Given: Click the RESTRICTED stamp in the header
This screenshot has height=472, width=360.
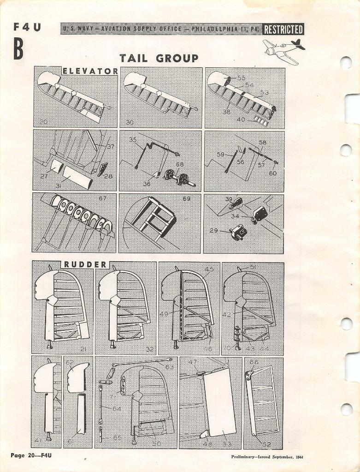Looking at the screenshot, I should (x=283, y=30).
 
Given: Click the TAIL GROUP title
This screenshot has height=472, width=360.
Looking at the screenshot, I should (x=159, y=58).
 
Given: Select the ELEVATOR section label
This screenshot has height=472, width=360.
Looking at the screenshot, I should (x=90, y=71).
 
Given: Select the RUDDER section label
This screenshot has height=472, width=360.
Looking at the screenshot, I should (x=85, y=264).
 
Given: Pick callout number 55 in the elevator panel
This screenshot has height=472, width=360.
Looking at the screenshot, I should (x=241, y=78).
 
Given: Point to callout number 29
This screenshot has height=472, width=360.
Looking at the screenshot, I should (x=214, y=229).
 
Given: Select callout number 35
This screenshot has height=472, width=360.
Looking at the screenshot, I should (x=133, y=139).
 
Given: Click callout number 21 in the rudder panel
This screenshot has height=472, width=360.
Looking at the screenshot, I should (x=83, y=349).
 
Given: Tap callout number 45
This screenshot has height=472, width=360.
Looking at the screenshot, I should (x=209, y=269).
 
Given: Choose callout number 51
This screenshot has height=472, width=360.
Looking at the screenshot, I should (x=253, y=267).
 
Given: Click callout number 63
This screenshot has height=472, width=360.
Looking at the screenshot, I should (x=170, y=367).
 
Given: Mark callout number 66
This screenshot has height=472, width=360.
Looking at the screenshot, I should (x=254, y=363).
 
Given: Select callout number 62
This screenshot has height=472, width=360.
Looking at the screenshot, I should (x=70, y=363).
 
